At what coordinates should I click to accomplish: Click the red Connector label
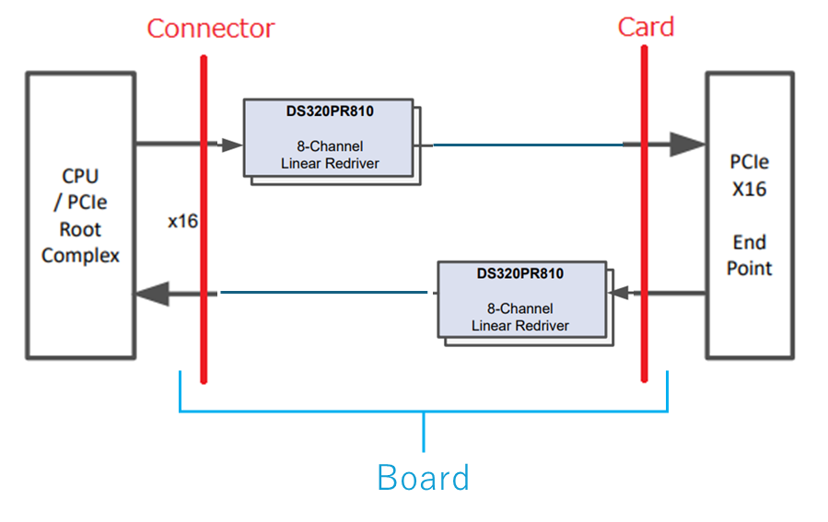coord(210,29)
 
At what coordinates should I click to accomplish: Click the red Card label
coord(645,27)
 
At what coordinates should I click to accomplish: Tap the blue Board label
coord(423,478)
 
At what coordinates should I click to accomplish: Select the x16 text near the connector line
coord(182,222)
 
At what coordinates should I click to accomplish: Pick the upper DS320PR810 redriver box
coord(330,138)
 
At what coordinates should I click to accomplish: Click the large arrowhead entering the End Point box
coord(686,144)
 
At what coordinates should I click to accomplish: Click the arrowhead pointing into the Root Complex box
coord(152,294)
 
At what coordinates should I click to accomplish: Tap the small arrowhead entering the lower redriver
coord(619,294)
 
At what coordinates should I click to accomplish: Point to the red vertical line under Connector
coord(203,350)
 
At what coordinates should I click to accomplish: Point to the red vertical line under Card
coord(644,350)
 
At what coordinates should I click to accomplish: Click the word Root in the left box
coord(80,229)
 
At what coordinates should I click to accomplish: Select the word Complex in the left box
coord(80,255)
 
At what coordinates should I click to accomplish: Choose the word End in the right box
coord(749,242)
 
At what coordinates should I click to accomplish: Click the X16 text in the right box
coord(749,190)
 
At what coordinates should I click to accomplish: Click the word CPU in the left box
coord(80,177)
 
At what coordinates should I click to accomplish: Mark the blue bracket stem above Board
coord(424,433)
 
